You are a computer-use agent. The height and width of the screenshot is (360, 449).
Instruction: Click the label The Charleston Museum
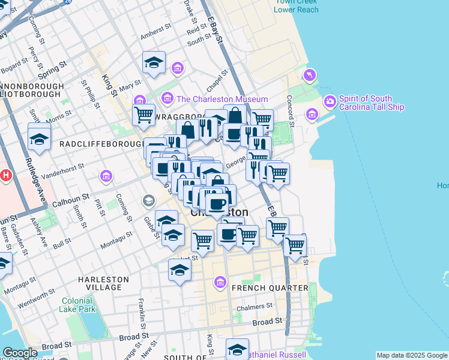click(222, 99)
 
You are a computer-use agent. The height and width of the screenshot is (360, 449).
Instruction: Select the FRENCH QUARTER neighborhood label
click(270, 288)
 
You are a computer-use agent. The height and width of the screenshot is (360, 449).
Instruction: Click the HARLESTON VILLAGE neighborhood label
click(104, 283)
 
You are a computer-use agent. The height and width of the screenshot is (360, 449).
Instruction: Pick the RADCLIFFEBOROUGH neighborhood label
click(100, 145)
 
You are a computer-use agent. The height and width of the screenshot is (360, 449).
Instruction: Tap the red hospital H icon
click(6, 176)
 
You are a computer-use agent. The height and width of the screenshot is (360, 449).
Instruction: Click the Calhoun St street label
click(70, 198)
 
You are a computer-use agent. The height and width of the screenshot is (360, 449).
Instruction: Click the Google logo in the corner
click(20, 353)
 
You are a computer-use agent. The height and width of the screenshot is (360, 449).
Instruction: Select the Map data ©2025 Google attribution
click(412, 355)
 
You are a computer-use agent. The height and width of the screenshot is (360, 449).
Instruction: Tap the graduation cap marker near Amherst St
click(154, 63)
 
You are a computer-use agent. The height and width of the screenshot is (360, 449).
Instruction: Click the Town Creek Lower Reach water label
click(297, 5)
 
